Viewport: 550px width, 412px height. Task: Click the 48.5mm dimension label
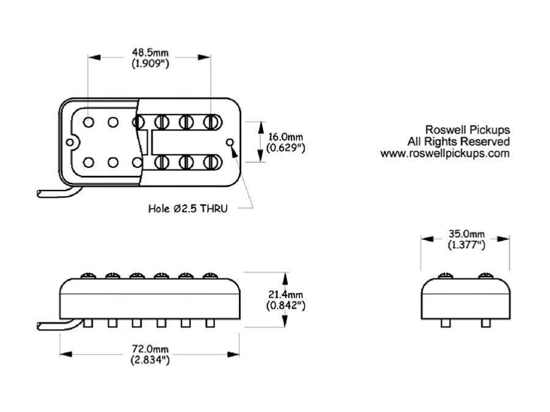(x=150, y=52)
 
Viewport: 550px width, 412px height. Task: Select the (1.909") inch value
(x=150, y=63)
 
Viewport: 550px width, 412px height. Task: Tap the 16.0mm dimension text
(x=285, y=137)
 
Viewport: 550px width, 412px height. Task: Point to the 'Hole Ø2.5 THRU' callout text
(x=188, y=209)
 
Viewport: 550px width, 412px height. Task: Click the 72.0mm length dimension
(x=150, y=349)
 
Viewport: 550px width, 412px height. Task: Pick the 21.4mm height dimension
(x=285, y=294)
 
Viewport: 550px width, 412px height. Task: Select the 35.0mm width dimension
(x=466, y=234)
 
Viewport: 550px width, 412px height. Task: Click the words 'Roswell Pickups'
(x=468, y=129)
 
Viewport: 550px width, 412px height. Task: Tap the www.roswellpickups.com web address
(x=445, y=153)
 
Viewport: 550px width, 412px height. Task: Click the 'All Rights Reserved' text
(x=458, y=142)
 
